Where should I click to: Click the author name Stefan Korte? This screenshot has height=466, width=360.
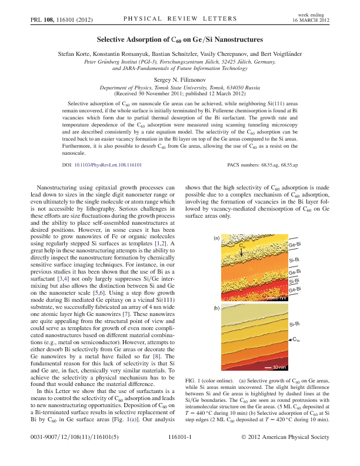[x=75, y=54]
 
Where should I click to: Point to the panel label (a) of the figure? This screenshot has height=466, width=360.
[x=216, y=238]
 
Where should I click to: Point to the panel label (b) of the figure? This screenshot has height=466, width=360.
[x=216, y=307]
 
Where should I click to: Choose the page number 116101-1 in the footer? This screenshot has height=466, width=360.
[x=180, y=438]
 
